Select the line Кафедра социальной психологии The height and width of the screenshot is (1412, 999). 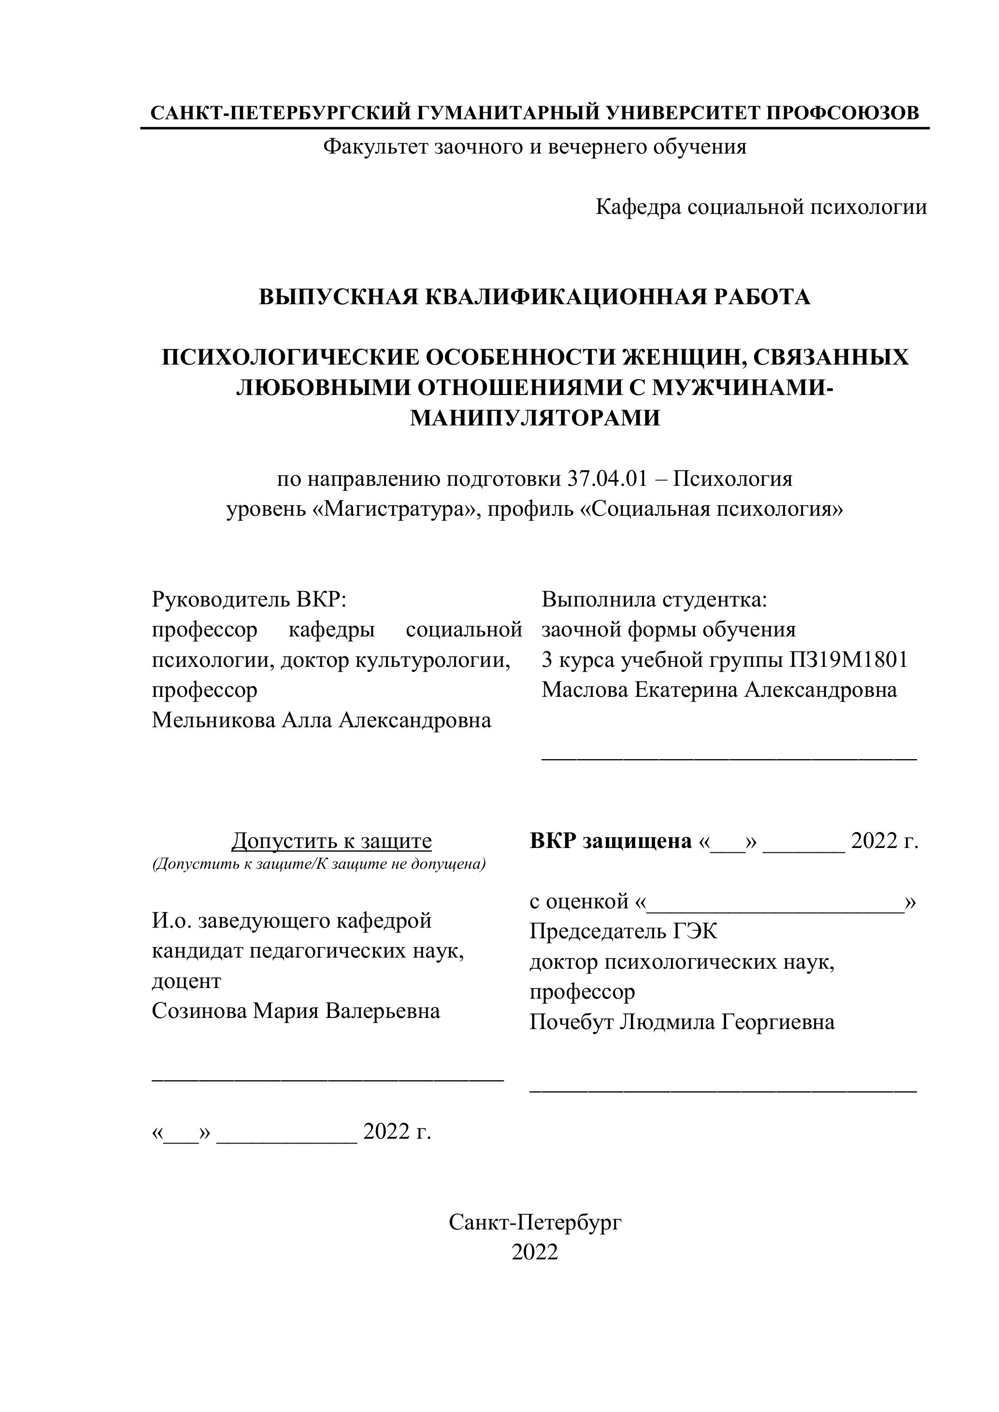(x=761, y=207)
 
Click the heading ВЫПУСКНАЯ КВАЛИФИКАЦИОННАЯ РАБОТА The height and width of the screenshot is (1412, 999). (x=534, y=297)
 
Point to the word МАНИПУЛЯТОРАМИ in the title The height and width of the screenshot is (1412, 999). (x=535, y=418)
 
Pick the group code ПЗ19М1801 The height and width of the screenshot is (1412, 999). (x=848, y=660)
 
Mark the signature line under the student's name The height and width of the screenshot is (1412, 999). (x=729, y=760)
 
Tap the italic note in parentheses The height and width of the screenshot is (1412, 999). (x=319, y=864)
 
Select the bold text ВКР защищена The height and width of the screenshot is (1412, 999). (x=610, y=841)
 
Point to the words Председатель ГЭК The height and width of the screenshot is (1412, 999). (x=623, y=932)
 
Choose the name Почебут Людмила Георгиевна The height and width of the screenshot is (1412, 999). (x=682, y=1022)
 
